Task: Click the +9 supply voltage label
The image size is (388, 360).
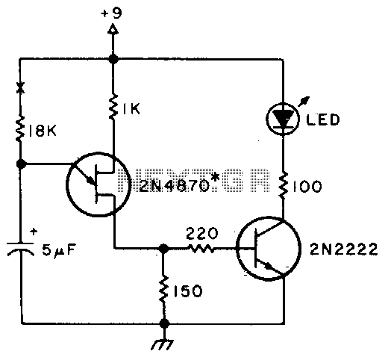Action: (x=112, y=13)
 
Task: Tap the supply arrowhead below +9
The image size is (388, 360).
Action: (x=113, y=29)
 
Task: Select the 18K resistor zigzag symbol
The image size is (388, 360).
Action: (x=20, y=129)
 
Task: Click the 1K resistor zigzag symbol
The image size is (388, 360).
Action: (x=113, y=106)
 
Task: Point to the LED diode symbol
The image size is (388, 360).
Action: (x=283, y=119)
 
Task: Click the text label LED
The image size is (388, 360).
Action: (x=322, y=120)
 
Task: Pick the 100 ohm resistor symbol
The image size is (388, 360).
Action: (x=283, y=186)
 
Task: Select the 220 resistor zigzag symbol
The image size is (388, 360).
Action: (x=201, y=248)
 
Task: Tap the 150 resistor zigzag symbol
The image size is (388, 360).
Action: (x=163, y=289)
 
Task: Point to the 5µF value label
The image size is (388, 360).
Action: (x=59, y=250)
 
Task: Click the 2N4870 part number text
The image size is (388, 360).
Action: (x=174, y=185)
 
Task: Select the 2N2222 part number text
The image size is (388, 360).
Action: (x=343, y=249)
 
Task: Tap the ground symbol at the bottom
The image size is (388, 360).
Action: (x=163, y=344)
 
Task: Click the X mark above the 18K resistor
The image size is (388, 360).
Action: (x=21, y=87)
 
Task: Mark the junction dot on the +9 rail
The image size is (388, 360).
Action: (x=113, y=59)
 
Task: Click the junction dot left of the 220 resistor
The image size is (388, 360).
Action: (x=163, y=249)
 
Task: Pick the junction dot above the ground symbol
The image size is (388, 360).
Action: (x=164, y=323)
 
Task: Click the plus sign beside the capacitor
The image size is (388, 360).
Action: (x=34, y=232)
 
